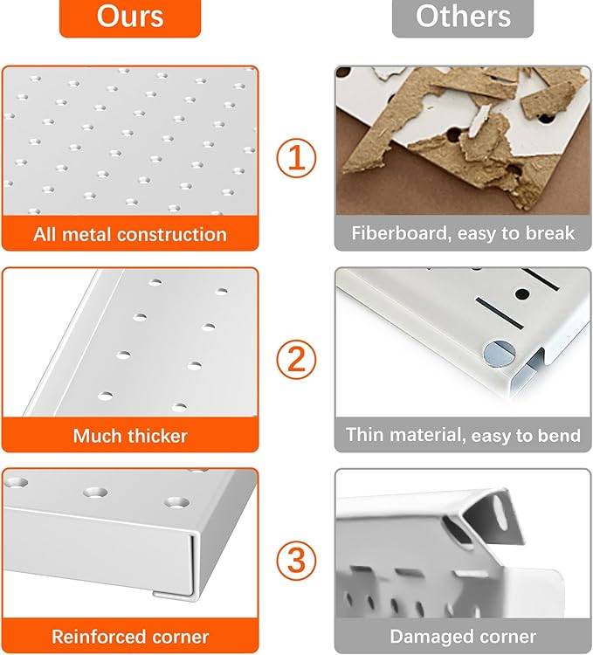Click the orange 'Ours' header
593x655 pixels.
pyautogui.click(x=130, y=17)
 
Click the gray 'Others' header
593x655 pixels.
pyautogui.click(x=462, y=17)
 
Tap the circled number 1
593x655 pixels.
pyautogui.click(x=296, y=159)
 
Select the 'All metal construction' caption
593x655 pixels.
pyautogui.click(x=130, y=234)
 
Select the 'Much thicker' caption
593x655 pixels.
pyautogui.click(x=130, y=435)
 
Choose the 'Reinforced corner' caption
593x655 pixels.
pyautogui.click(x=130, y=636)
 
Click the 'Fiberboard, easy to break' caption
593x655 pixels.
pyautogui.click(x=463, y=233)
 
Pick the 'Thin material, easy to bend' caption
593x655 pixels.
pyautogui.click(x=463, y=435)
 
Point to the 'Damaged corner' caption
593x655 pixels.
pyautogui.click(x=463, y=636)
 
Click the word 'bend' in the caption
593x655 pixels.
pyautogui.click(x=559, y=435)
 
